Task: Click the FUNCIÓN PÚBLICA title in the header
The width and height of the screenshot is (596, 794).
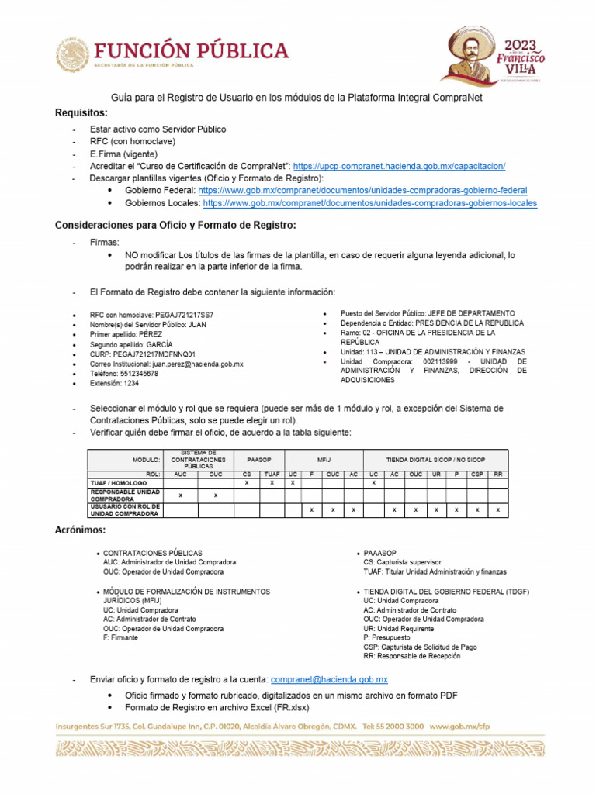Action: [191, 51]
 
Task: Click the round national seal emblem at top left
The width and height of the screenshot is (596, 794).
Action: [72, 56]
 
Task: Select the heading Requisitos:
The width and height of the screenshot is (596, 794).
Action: [81, 113]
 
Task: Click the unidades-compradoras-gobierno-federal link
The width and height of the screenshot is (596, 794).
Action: [362, 190]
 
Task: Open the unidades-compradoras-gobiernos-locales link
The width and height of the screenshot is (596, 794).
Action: [369, 203]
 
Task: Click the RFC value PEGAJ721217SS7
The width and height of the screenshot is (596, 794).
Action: [184, 316]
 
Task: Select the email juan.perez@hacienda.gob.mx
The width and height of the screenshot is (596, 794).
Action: [198, 364]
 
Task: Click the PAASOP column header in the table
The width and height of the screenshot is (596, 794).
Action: [258, 459]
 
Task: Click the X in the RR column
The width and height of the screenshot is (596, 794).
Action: [497, 509]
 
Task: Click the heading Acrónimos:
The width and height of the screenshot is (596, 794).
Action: [80, 530]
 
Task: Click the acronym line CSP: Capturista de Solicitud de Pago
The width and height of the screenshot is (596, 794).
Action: [420, 647]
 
